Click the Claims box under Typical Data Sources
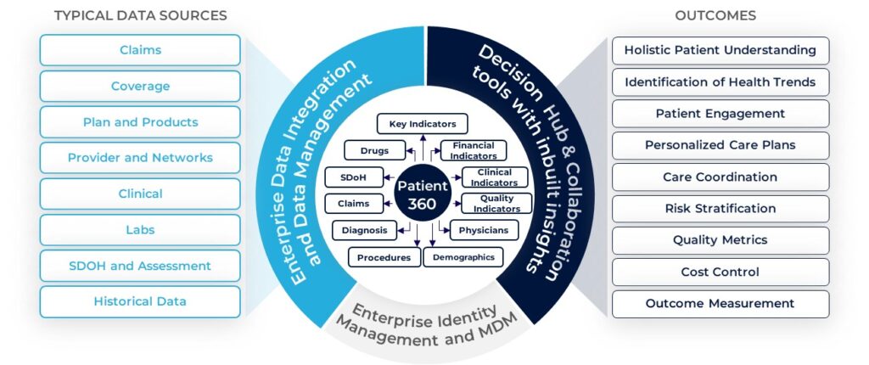click(140, 50)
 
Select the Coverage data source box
click(140, 86)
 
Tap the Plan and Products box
click(140, 122)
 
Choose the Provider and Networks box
click(140, 158)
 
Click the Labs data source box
click(140, 229)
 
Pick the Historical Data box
click(140, 301)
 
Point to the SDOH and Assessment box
click(140, 266)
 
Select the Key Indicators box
click(422, 124)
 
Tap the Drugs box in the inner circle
click(373, 150)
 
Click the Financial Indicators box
click(474, 150)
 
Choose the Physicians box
click(484, 230)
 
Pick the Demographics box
click(463, 256)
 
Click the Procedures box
click(384, 256)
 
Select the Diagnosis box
click(364, 230)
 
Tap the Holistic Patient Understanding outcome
click(720, 50)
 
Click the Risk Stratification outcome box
click(720, 208)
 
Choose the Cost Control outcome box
click(720, 272)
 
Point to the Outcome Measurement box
click(720, 303)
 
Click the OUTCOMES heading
click(715, 15)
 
